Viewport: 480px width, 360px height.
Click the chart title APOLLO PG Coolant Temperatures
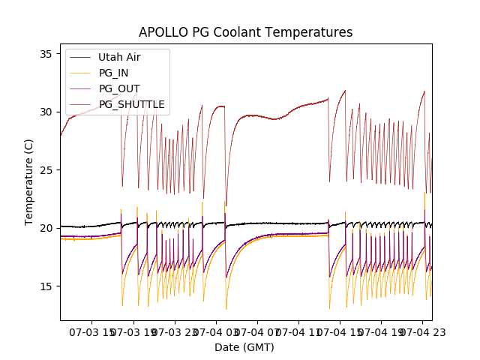(245, 32)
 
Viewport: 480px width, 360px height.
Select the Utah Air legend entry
(119, 57)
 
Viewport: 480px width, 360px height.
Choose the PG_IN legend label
(113, 73)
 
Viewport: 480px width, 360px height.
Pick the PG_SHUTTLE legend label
(131, 104)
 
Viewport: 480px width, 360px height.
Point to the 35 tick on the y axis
(45, 54)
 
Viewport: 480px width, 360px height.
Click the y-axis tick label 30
(45, 112)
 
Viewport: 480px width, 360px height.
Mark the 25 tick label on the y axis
(45, 170)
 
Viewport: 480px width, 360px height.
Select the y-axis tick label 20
(45, 228)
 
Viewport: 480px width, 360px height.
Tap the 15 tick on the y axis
(45, 286)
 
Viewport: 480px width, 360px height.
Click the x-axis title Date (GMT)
(244, 347)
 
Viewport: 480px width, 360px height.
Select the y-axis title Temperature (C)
(30, 181)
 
